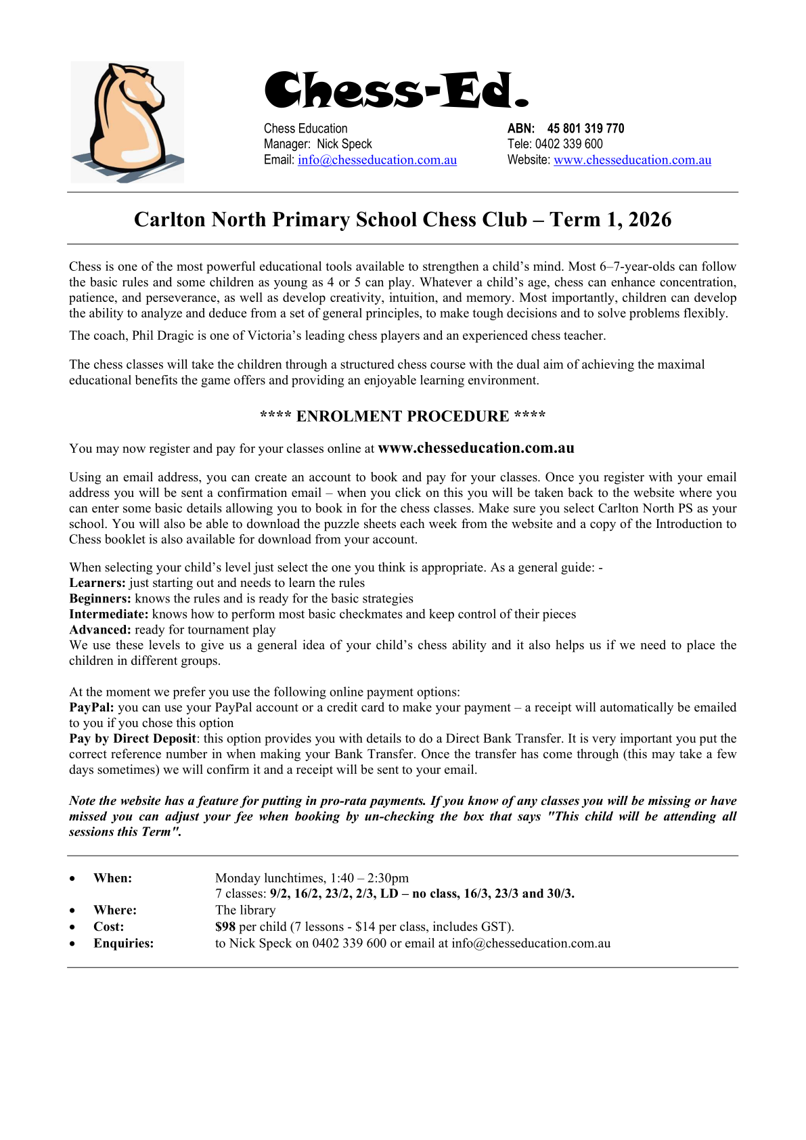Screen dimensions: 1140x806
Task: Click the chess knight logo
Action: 127,122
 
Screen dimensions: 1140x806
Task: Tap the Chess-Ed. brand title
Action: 396,91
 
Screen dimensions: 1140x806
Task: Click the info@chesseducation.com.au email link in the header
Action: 377,160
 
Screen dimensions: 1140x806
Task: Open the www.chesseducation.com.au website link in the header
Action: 632,160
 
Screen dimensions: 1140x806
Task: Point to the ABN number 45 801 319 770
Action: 585,129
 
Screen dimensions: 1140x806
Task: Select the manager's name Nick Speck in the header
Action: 344,144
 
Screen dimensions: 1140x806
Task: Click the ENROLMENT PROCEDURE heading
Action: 403,416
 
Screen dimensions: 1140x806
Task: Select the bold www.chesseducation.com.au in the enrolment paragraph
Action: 476,448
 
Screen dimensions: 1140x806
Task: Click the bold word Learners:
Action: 97,583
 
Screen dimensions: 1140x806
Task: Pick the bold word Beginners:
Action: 100,598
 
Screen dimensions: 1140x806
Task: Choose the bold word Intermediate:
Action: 108,614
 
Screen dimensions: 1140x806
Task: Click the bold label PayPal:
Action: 91,707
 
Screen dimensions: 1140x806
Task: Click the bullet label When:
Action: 112,878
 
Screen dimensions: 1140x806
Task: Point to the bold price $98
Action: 225,927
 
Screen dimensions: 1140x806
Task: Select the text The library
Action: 245,911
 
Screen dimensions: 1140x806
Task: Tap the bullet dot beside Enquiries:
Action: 72,944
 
